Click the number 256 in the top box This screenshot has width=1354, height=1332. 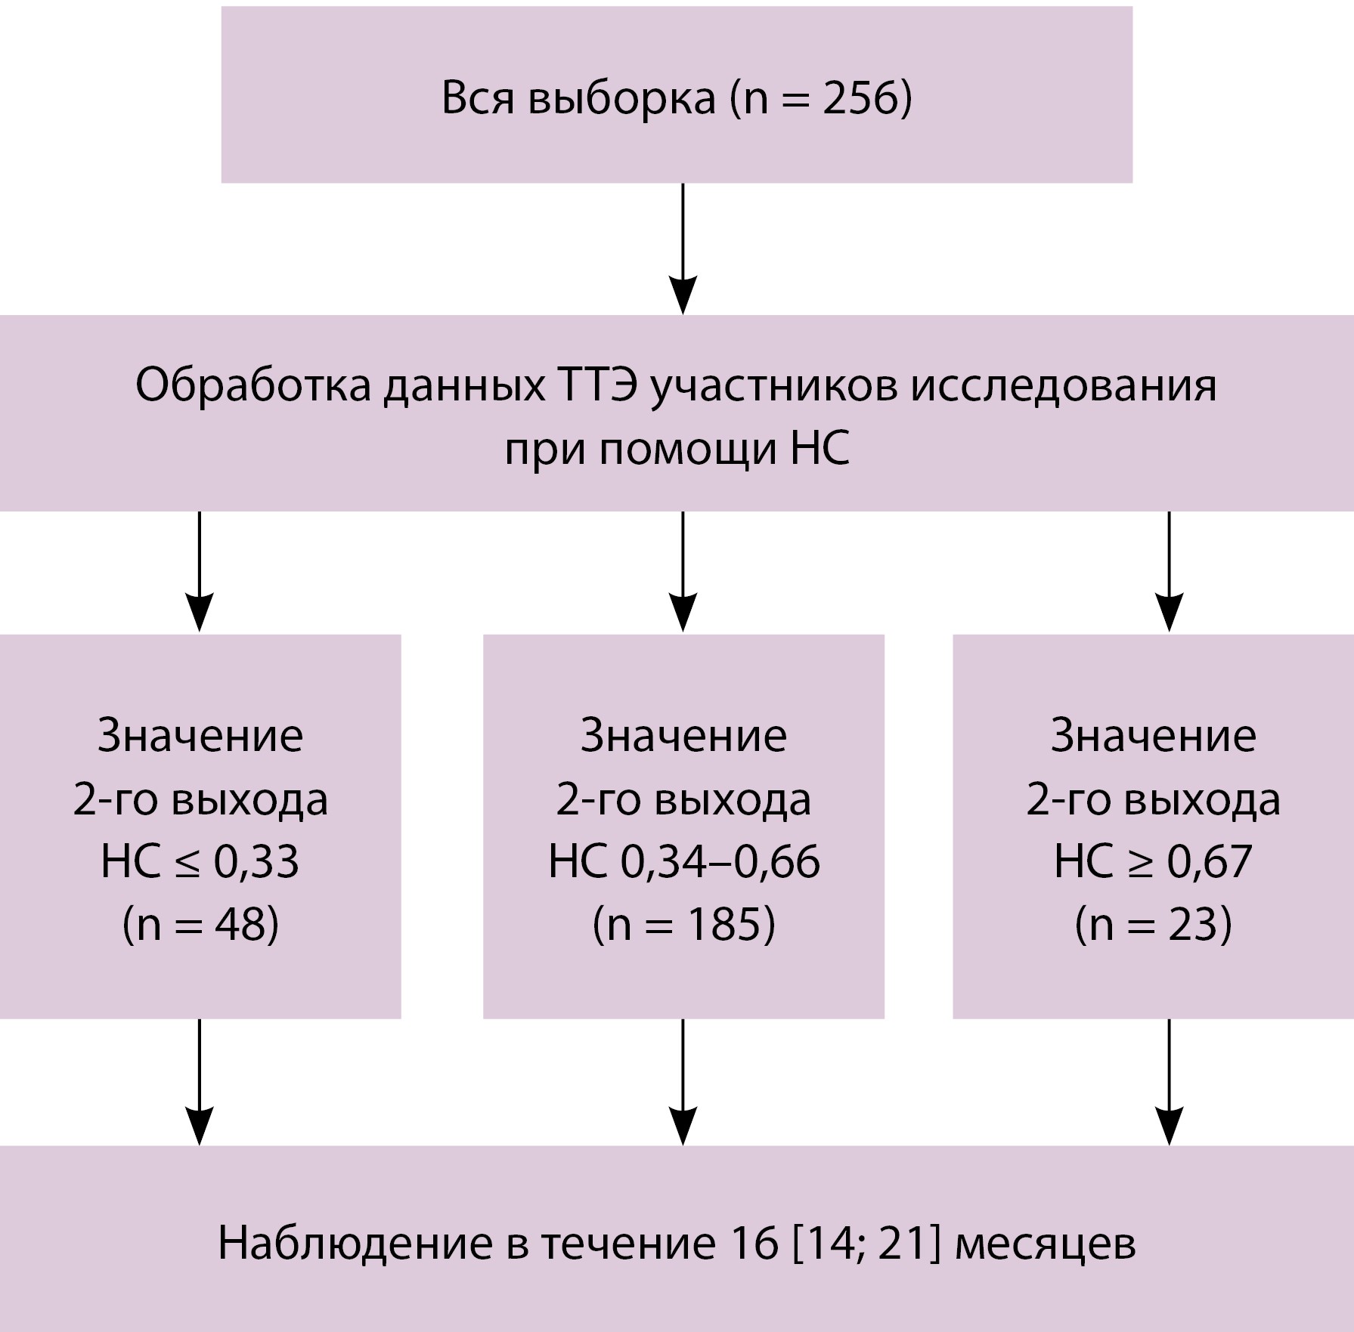[x=859, y=99]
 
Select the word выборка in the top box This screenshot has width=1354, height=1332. [x=621, y=99]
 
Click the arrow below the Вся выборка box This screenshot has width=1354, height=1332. [x=683, y=249]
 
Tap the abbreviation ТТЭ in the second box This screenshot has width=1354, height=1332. [x=597, y=386]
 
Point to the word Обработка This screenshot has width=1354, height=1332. [x=253, y=386]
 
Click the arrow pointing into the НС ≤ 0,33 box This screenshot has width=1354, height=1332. [x=200, y=571]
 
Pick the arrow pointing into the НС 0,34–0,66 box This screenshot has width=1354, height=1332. [x=683, y=571]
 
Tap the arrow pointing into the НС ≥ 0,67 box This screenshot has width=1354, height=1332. [x=1169, y=571]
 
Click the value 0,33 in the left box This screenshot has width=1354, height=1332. [x=256, y=861]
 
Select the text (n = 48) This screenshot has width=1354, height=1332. [x=200, y=924]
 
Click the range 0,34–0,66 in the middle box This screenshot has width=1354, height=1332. [x=720, y=861]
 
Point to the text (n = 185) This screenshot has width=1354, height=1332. [x=683, y=924]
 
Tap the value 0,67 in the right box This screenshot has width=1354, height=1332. [x=1210, y=861]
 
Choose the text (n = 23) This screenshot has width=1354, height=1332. [x=1153, y=924]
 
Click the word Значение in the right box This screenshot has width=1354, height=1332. [x=1153, y=735]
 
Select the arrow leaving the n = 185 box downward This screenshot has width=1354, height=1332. [x=683, y=1081]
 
